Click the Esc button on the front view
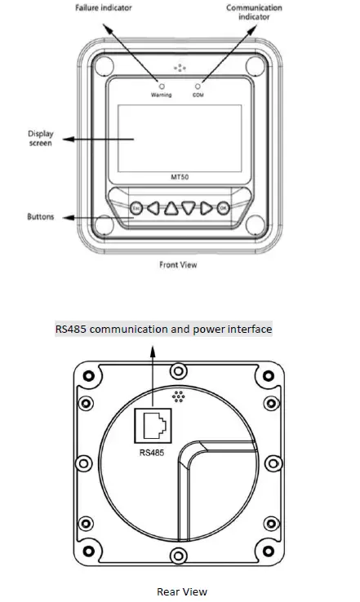(x=136, y=209)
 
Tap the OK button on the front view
(x=223, y=208)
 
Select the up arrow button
(x=171, y=209)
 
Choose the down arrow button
(x=189, y=208)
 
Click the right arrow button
(x=206, y=209)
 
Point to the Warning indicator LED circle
(x=162, y=86)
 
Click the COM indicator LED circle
(x=198, y=86)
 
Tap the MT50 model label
(x=180, y=177)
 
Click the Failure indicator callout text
(x=104, y=7)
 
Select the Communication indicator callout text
(x=254, y=12)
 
